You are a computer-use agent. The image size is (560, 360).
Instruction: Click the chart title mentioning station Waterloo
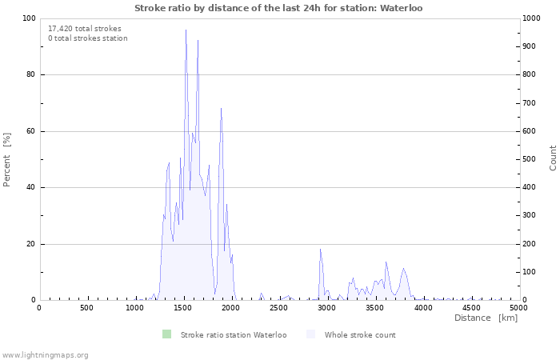tap(278, 8)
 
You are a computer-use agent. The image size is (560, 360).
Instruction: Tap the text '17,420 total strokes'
tap(85, 28)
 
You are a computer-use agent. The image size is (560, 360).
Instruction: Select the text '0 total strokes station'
tap(87, 38)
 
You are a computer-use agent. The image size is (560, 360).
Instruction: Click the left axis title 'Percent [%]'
tap(7, 159)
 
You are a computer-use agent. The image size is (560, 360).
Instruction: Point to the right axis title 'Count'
tap(553, 158)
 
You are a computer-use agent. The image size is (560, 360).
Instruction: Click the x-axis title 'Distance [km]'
tap(486, 318)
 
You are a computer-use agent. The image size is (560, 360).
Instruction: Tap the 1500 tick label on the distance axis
tap(183, 308)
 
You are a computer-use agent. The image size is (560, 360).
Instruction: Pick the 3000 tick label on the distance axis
tap(327, 308)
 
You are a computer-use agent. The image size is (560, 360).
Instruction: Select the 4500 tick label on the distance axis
tap(471, 308)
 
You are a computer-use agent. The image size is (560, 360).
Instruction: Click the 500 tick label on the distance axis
tap(86, 308)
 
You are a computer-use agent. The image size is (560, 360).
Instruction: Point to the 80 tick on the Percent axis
tap(30, 74)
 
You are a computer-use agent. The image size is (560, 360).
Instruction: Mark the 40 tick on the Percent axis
tap(30, 187)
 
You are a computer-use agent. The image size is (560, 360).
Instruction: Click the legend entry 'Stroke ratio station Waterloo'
tap(233, 334)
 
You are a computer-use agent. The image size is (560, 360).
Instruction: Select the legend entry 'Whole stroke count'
tap(359, 334)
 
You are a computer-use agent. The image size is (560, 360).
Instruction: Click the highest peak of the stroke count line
tap(186, 30)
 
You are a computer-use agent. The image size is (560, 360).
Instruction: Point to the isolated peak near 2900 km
tap(320, 250)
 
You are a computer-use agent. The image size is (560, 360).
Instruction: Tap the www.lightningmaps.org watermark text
tap(45, 354)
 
